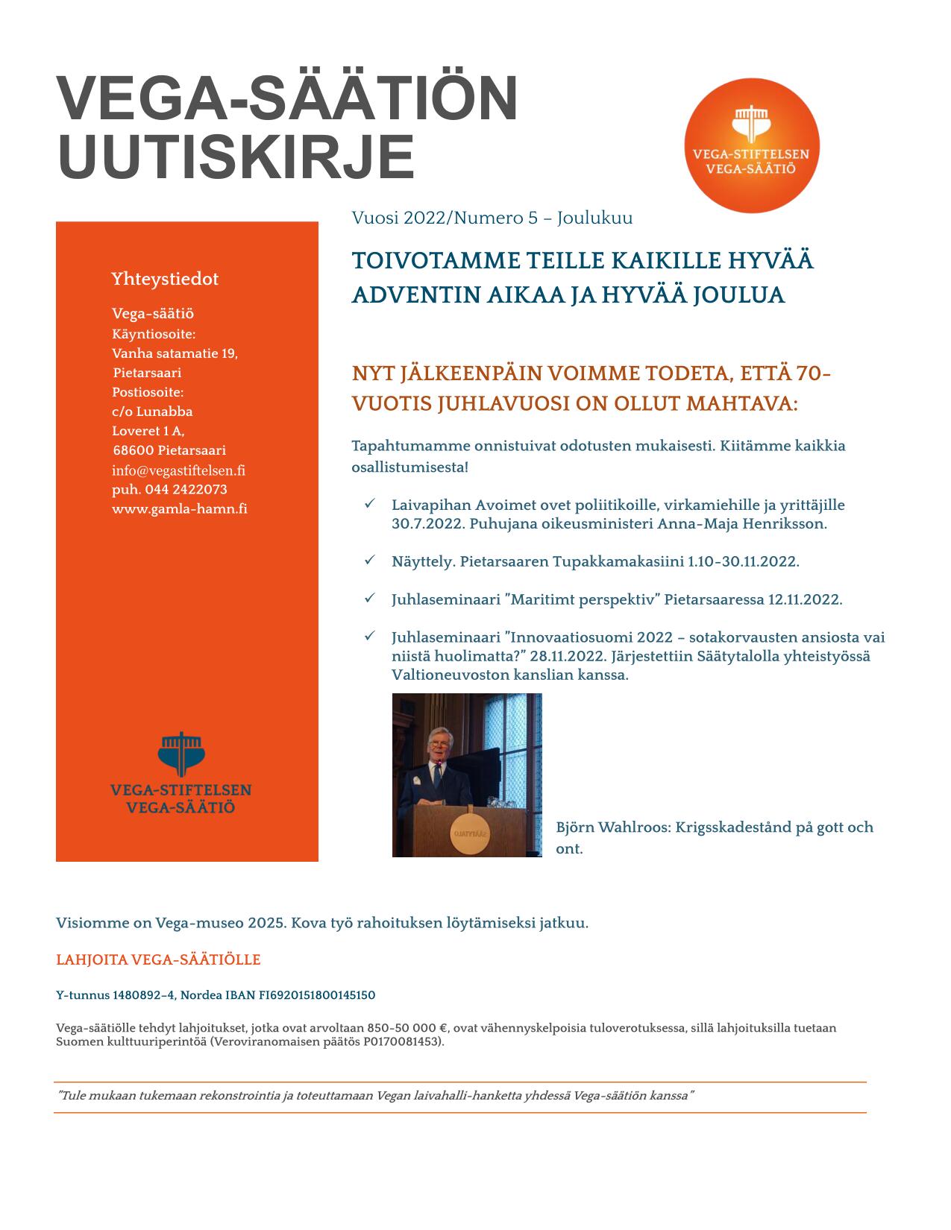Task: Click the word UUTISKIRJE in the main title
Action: (x=236, y=157)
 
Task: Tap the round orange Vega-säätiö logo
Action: (x=751, y=147)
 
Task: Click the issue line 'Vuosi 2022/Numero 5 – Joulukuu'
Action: (x=492, y=218)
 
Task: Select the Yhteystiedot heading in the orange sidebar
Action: (x=165, y=279)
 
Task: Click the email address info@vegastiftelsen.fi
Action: (x=178, y=470)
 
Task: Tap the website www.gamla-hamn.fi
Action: (x=180, y=509)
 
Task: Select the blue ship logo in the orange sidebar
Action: (x=181, y=754)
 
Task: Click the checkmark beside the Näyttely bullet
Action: (x=369, y=560)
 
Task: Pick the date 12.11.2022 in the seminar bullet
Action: (x=805, y=599)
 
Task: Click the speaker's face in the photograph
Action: (x=436, y=747)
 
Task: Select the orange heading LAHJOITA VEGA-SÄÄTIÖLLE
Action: (x=158, y=959)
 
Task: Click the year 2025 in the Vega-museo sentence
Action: (x=266, y=923)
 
